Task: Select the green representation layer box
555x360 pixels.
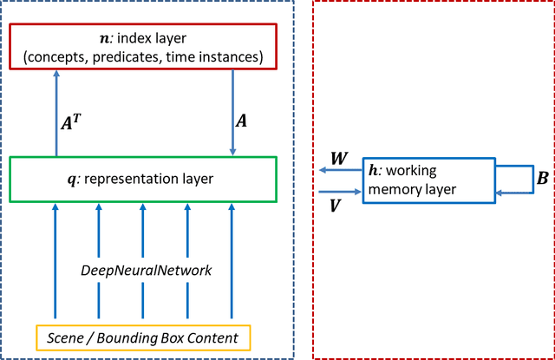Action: (x=144, y=179)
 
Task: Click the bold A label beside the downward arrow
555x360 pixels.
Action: (x=241, y=121)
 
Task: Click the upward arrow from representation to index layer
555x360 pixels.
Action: (x=55, y=113)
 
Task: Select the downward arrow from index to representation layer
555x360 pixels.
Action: (x=232, y=113)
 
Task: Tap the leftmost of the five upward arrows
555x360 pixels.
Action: (x=55, y=260)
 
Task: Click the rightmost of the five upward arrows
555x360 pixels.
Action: (x=232, y=260)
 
